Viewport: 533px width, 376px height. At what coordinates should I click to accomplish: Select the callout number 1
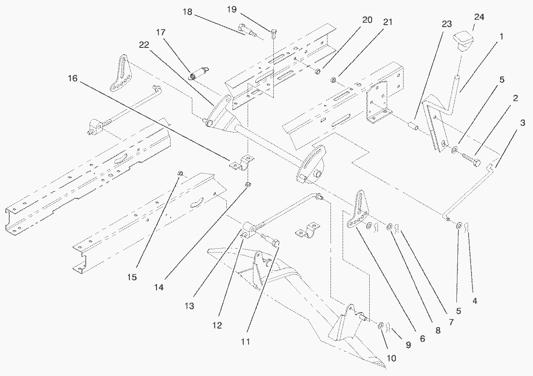coord(502,36)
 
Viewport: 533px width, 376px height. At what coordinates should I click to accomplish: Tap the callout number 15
coord(132,277)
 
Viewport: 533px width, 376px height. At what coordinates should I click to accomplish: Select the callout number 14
coord(165,286)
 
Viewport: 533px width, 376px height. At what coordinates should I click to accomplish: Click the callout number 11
coord(246,341)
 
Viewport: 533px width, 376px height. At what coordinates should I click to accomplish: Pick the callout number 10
coord(391,359)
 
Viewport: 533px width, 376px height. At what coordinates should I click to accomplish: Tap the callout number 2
coord(516,99)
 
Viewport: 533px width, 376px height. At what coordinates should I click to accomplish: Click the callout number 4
coord(475,301)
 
